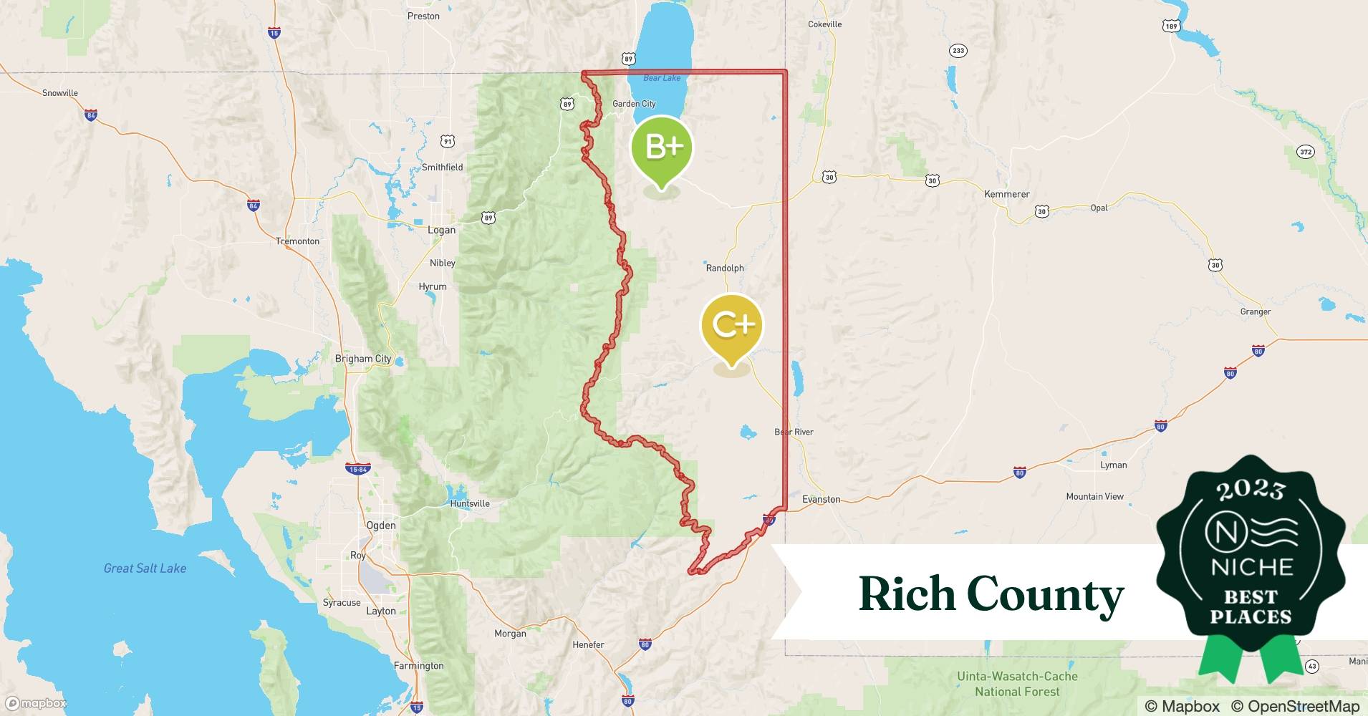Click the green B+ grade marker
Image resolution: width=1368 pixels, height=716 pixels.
(x=662, y=147)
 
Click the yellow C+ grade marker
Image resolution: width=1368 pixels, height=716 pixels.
(x=732, y=326)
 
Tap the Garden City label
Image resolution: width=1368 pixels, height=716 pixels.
(x=634, y=104)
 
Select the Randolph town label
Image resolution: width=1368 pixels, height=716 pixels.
(x=725, y=268)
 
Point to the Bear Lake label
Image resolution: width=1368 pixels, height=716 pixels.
(x=662, y=77)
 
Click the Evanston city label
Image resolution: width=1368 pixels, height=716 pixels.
(x=822, y=499)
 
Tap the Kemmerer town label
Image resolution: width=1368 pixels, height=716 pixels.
(x=1006, y=194)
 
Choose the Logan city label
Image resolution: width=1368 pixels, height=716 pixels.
(x=441, y=230)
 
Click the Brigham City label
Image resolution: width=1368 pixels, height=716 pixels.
(x=363, y=359)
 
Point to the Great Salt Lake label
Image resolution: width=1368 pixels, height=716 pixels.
(x=145, y=569)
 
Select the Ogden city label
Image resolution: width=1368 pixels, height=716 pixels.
(x=381, y=525)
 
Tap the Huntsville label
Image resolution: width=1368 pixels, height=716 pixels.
(x=470, y=503)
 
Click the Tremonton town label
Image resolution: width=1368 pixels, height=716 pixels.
(x=298, y=241)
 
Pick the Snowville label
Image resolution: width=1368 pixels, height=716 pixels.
(x=60, y=93)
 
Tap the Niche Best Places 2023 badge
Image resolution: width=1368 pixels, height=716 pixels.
(x=1251, y=558)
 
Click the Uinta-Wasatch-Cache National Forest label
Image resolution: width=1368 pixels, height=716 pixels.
(x=1017, y=684)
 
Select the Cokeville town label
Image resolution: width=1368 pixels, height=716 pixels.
(x=824, y=24)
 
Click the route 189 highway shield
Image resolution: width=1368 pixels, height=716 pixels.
(x=1170, y=26)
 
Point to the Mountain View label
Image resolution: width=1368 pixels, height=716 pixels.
(x=1094, y=496)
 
